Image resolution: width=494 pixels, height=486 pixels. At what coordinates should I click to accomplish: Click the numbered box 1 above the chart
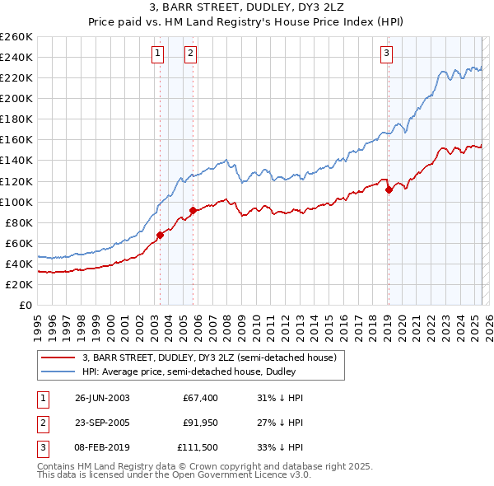coord(156,54)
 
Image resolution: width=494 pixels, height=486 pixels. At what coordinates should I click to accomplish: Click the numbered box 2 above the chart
coord(190,54)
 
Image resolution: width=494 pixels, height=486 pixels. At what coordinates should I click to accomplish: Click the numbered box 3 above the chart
coord(386,54)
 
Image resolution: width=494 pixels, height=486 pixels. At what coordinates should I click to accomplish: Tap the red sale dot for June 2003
coord(161,235)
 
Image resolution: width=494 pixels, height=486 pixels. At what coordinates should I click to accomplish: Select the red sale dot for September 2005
coord(193,210)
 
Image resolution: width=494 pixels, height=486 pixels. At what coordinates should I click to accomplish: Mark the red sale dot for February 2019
coord(388,189)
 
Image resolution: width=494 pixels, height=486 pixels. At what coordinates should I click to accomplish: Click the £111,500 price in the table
coord(198,449)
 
